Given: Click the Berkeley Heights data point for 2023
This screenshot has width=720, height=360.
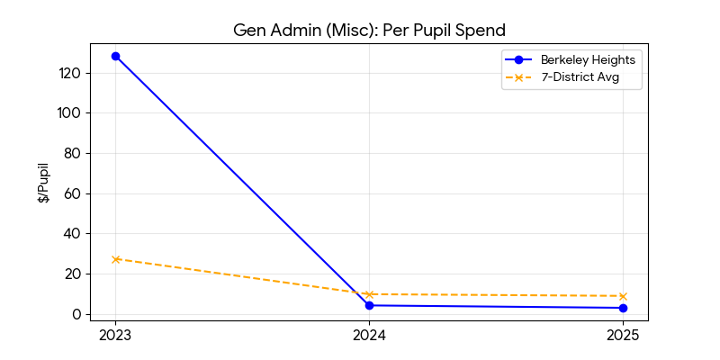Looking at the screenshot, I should [x=115, y=56].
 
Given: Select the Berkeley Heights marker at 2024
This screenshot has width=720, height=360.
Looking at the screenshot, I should [x=369, y=305].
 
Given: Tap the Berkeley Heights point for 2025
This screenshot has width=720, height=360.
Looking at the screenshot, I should [x=623, y=308].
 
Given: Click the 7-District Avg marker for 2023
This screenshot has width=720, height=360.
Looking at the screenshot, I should [x=115, y=259].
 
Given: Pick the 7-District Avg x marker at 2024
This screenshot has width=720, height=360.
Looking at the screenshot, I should [x=369, y=294].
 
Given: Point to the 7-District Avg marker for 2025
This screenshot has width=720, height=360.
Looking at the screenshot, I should [x=623, y=296].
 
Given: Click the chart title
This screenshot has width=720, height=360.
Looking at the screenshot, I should [x=369, y=30].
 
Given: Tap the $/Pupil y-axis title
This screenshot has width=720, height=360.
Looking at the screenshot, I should [x=43, y=183].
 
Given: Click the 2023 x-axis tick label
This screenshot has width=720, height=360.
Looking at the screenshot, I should [x=115, y=336].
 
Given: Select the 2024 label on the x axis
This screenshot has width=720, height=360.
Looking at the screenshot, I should [x=369, y=336].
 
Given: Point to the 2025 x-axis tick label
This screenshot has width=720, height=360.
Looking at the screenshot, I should [x=623, y=336].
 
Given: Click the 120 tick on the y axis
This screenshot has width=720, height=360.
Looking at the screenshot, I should [x=71, y=73].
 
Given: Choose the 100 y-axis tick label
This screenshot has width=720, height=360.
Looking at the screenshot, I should [x=71, y=113].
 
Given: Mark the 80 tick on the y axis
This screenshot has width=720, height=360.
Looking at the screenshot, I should [x=74, y=153].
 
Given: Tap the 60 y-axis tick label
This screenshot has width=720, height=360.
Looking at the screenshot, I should [x=74, y=193].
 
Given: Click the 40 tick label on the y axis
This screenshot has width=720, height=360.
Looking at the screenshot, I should [x=74, y=234].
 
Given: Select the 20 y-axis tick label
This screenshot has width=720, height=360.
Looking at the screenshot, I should [x=74, y=274].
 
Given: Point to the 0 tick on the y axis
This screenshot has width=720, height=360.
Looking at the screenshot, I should [x=77, y=314].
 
